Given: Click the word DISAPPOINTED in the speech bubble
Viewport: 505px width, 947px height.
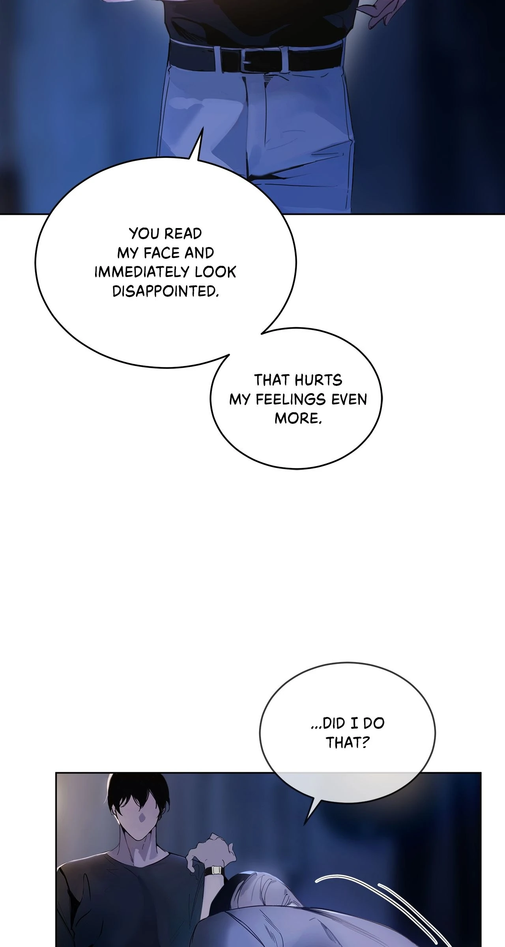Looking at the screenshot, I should tap(165, 291).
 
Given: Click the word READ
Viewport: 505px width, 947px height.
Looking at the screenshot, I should tap(183, 234).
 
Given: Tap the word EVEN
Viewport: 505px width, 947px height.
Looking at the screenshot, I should tap(349, 399).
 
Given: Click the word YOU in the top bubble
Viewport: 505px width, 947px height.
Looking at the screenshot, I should tap(143, 234).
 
